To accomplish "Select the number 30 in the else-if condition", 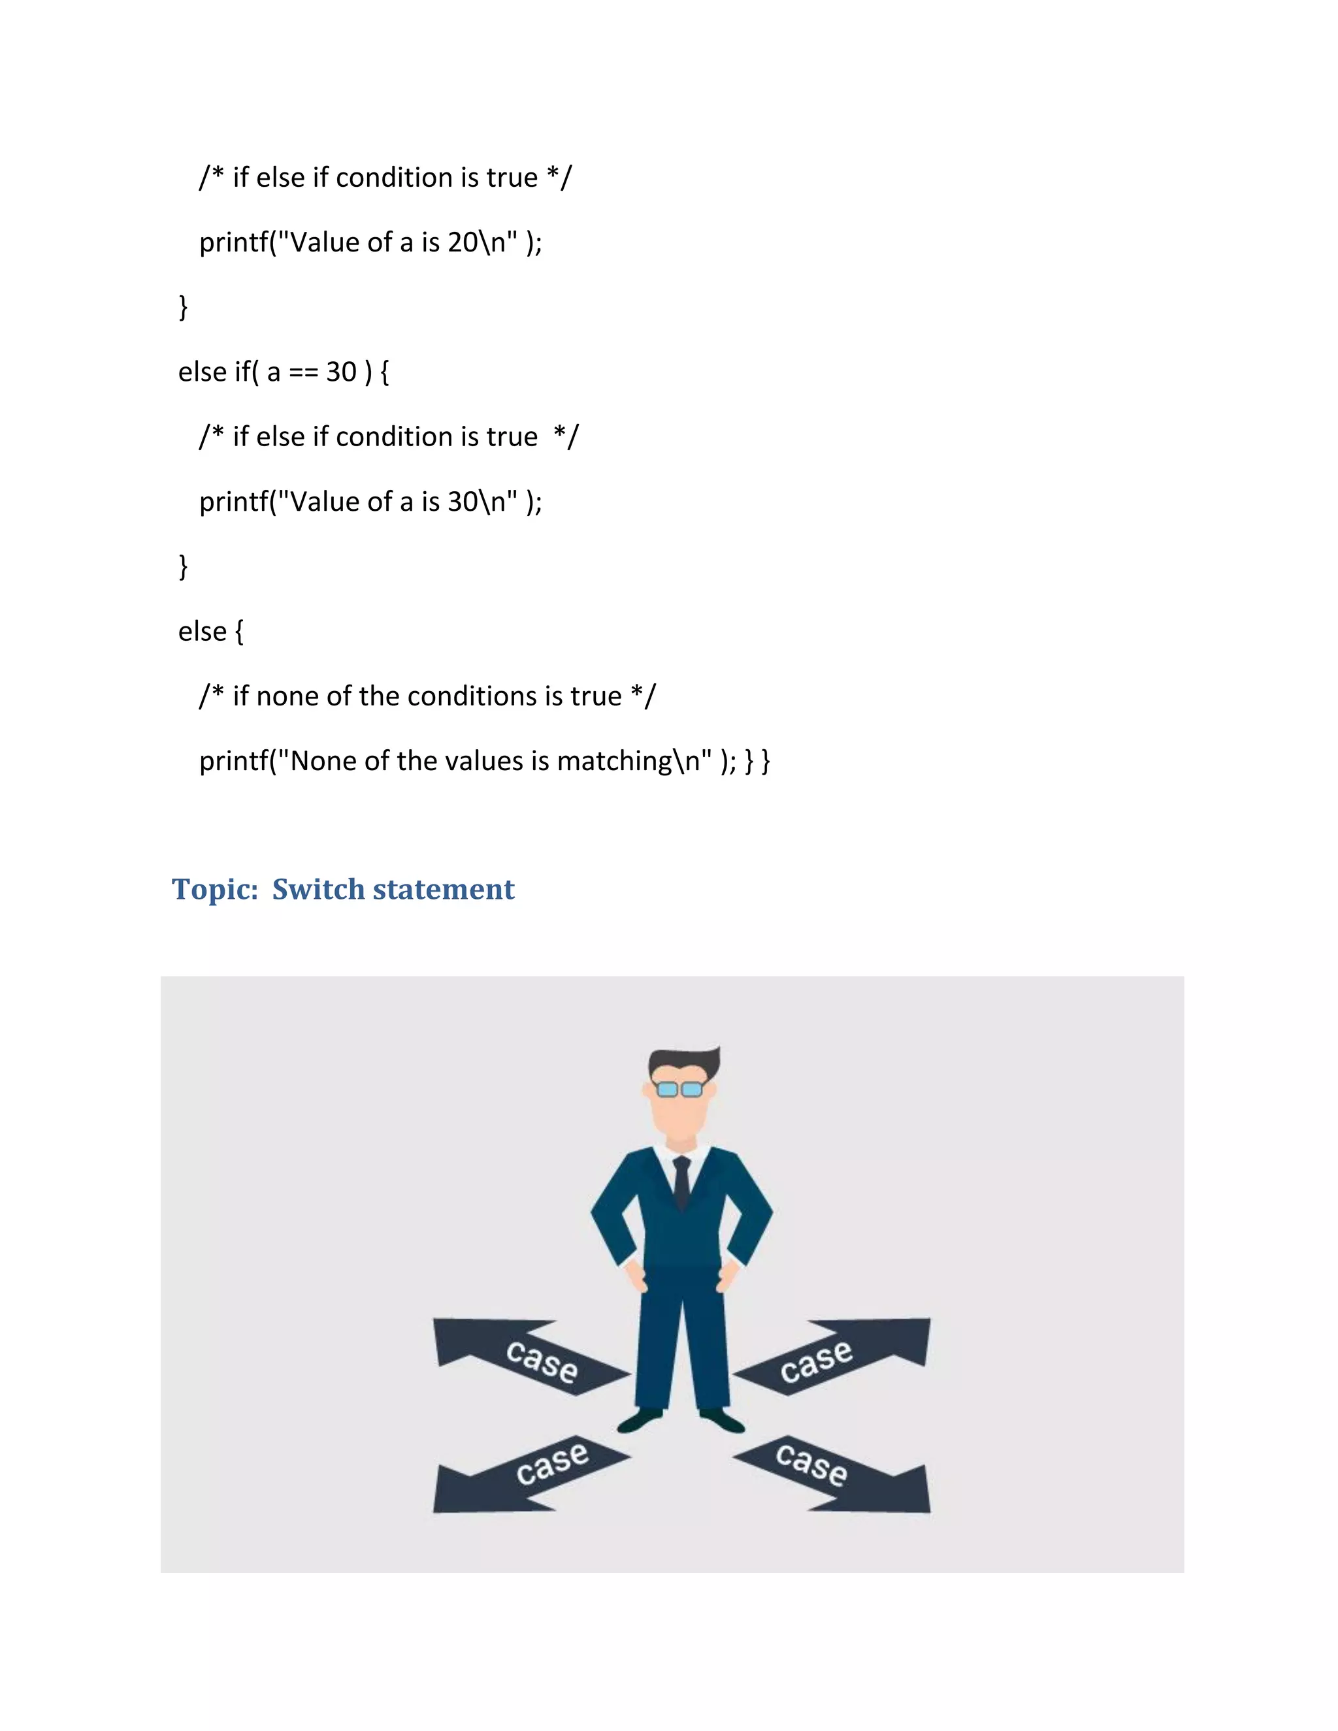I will click(341, 372).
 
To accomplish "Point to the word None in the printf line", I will click(323, 761).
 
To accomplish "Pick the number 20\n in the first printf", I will click(476, 242).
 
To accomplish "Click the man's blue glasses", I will click(680, 1089).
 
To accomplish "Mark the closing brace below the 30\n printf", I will click(183, 566).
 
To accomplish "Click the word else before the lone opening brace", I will click(202, 632).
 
